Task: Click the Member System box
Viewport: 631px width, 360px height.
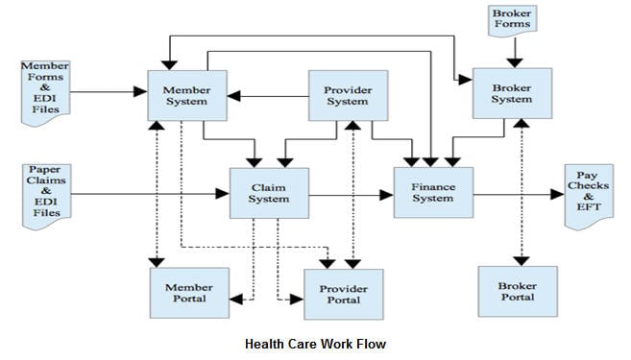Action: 186,94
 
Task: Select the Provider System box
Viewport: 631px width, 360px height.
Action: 347,94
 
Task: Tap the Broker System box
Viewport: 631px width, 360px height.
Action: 512,93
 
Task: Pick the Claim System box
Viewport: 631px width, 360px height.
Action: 268,193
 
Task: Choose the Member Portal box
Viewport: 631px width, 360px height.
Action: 189,293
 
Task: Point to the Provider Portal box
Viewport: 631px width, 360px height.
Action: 343,294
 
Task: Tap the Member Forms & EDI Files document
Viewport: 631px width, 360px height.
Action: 45,89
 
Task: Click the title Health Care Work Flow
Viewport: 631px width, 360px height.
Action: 314,343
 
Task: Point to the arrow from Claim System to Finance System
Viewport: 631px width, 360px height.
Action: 351,194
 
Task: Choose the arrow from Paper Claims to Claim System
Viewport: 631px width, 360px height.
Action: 149,194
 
